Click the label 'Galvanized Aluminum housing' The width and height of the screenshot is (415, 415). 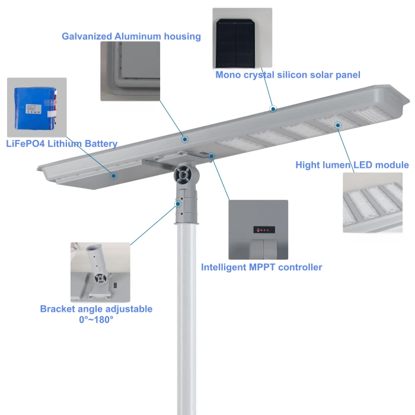pos(131,36)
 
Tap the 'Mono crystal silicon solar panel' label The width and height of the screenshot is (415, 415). pos(288,75)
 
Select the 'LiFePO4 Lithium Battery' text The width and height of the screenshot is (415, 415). pos(62,143)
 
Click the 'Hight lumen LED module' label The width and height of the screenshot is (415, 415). pos(352,165)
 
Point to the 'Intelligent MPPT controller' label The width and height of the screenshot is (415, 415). pos(261,267)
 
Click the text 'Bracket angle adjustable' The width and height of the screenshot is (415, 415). pos(96,309)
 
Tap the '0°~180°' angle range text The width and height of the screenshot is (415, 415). pos(96,320)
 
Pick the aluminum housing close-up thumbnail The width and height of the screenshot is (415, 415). pos(130,71)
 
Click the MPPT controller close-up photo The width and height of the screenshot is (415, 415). pos(258,229)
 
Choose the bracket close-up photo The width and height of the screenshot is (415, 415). pos(100,272)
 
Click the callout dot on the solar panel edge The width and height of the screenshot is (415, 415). pos(273,108)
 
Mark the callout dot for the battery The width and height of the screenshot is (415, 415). pos(114,175)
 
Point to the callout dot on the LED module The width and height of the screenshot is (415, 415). pos(337,125)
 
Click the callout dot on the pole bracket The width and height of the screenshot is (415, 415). pos(178,204)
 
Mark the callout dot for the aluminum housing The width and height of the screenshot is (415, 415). pos(185,139)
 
